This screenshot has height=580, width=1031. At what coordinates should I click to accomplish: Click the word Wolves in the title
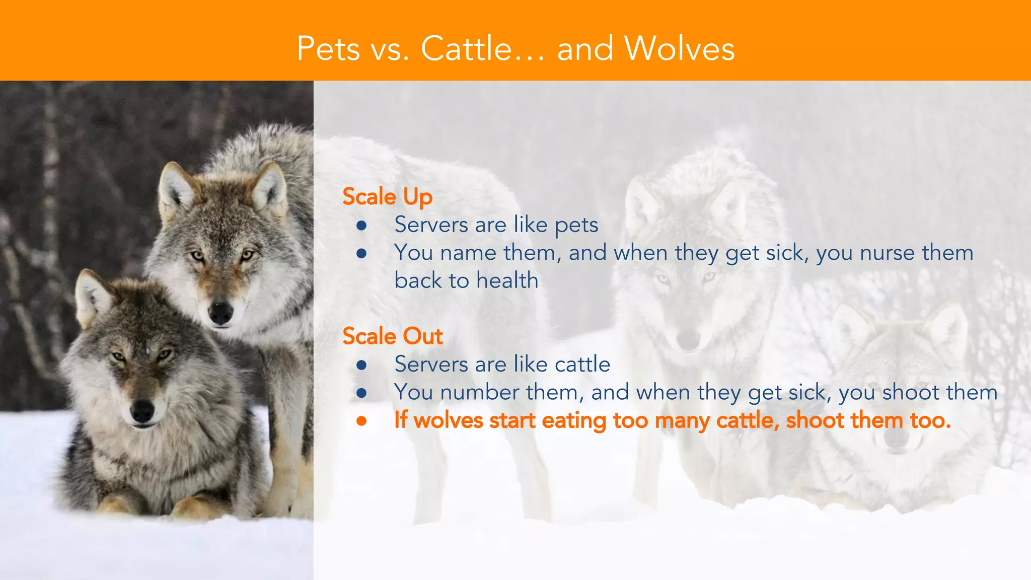pos(679,49)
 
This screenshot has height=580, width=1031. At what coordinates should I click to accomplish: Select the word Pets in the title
pos(328,49)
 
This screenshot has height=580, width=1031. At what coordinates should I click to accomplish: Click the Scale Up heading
pos(387,196)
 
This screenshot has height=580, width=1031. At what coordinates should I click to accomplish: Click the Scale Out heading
pos(392,336)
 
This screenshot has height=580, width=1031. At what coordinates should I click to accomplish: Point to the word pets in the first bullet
pos(576,225)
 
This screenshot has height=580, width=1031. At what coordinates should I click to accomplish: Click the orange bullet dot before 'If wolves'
pos(361,420)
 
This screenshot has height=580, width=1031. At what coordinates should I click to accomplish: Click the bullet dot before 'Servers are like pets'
pos(361,225)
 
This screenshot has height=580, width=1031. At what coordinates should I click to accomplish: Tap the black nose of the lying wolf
pos(142,410)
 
